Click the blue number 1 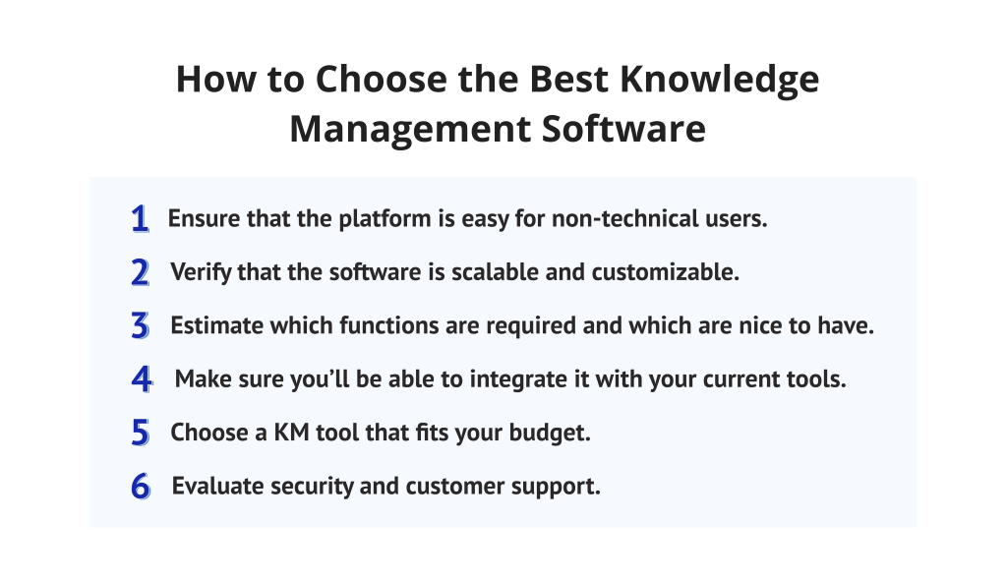(x=140, y=219)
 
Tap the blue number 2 (x=140, y=272)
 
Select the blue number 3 (x=140, y=325)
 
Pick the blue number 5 (x=140, y=433)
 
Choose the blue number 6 (x=140, y=486)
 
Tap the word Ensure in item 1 (x=201, y=218)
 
